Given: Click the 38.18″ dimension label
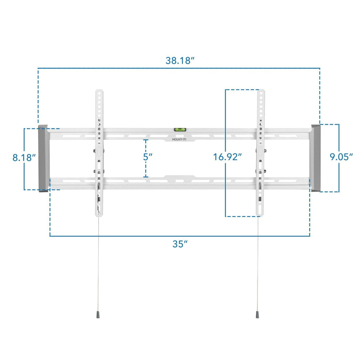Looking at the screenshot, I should [180, 60].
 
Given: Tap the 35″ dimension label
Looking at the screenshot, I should [180, 244].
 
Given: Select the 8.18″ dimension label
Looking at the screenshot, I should [24, 157].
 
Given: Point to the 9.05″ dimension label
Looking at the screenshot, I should [341, 157].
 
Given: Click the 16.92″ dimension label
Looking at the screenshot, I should [227, 157].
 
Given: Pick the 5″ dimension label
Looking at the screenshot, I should [148, 157].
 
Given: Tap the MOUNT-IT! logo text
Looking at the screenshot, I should [179, 139].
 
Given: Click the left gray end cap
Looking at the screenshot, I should [43, 159].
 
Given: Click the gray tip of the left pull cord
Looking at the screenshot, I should [98, 315].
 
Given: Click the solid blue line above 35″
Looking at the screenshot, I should [180, 236].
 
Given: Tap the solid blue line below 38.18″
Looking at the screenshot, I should [180, 68].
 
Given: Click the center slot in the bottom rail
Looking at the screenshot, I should [179, 181].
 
